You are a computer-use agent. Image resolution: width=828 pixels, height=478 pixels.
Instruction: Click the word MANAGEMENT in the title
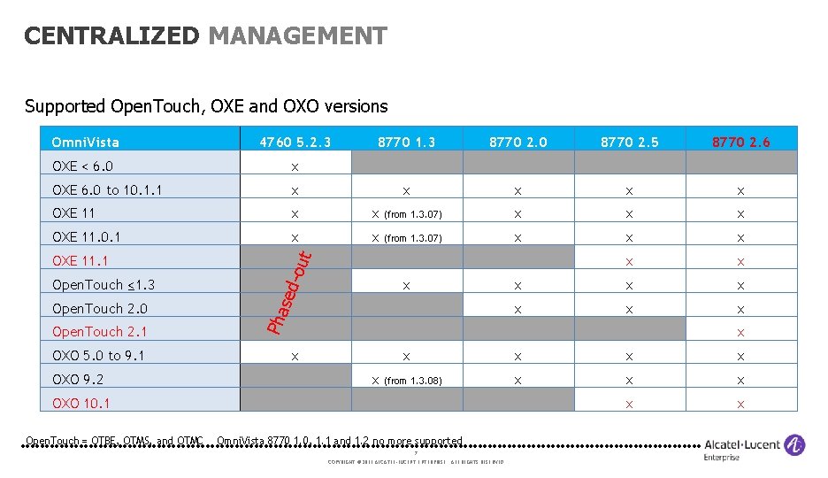(x=297, y=36)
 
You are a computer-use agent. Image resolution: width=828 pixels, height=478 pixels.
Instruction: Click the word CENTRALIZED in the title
(x=112, y=36)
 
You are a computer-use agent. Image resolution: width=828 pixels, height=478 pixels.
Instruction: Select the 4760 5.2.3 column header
(x=295, y=142)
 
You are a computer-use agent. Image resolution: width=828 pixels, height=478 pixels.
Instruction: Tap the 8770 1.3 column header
(x=407, y=142)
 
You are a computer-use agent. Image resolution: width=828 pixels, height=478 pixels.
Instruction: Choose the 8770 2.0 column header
(x=518, y=142)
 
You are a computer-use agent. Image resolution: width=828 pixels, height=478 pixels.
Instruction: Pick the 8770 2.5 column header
(x=629, y=142)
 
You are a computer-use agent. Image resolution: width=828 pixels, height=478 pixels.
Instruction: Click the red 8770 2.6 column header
(x=741, y=142)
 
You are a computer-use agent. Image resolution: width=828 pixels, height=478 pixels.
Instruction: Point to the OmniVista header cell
(x=85, y=142)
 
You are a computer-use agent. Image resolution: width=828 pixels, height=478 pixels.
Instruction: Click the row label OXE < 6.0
(x=83, y=166)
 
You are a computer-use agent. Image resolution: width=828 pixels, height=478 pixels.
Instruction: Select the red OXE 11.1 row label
(x=80, y=261)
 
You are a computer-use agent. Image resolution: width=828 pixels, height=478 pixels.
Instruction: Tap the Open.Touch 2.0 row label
(x=100, y=308)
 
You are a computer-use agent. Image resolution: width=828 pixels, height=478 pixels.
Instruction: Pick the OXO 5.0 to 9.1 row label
(x=98, y=356)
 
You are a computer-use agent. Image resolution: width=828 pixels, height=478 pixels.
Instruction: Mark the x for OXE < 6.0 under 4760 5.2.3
(x=295, y=166)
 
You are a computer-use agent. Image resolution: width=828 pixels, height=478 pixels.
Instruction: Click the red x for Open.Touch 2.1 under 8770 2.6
(x=741, y=333)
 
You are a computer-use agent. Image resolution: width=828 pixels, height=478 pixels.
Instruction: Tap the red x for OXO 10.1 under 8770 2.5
(x=629, y=405)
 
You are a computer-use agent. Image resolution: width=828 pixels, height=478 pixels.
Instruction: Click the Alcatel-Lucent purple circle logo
(x=794, y=445)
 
